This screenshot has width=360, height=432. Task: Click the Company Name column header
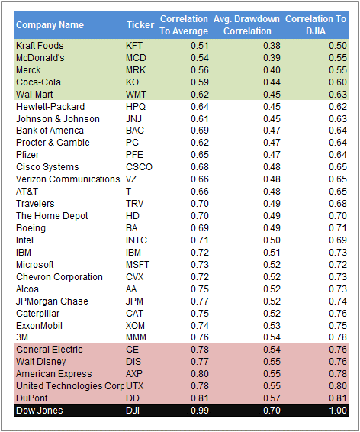[50, 25]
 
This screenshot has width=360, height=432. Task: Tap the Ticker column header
[140, 25]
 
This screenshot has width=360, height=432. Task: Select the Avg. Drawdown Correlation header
[247, 25]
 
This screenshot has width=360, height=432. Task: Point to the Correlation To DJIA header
[316, 25]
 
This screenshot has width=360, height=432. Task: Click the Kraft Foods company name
[40, 46]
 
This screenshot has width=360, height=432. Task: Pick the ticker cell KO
[133, 82]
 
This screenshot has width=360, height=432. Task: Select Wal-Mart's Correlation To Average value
[200, 95]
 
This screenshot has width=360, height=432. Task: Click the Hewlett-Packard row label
[50, 107]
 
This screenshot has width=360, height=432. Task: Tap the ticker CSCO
[139, 167]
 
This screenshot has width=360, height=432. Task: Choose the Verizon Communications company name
[68, 179]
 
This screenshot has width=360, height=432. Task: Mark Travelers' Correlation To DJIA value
[338, 204]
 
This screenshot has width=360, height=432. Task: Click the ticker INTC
[137, 240]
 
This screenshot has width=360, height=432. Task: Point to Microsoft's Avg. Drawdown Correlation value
[272, 265]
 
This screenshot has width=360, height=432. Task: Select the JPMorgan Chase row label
[52, 301]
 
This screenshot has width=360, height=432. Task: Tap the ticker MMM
[136, 337]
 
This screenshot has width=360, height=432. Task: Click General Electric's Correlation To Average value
[200, 350]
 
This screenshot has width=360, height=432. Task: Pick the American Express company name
[54, 374]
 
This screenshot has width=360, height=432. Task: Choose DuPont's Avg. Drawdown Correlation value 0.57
[272, 398]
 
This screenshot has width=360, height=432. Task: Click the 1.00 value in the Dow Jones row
[338, 411]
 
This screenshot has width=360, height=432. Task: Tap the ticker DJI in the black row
[133, 411]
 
